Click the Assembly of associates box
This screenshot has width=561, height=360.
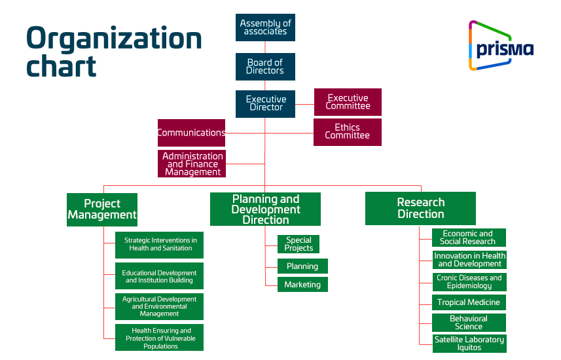[265, 27]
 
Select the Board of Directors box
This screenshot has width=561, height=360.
[265, 67]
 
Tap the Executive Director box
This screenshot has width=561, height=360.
[265, 103]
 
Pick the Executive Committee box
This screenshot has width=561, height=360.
[348, 102]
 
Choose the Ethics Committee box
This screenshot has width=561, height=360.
[348, 132]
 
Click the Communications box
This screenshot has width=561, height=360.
[191, 132]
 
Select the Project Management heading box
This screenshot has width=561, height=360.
[102, 209]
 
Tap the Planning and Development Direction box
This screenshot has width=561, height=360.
[265, 209]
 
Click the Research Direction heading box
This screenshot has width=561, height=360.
[420, 209]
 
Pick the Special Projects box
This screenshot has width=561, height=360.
[299, 244]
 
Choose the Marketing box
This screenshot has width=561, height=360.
[302, 285]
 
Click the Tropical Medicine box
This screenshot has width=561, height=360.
[469, 302]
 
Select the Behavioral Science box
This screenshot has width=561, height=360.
[469, 323]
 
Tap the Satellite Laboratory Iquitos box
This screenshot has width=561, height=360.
[469, 344]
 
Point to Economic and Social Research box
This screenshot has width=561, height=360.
[469, 238]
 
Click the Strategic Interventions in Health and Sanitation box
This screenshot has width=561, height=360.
[160, 245]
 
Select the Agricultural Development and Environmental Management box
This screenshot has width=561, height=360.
[160, 306]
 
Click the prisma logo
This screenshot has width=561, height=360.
[500, 45]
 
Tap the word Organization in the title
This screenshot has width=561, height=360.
[114, 39]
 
